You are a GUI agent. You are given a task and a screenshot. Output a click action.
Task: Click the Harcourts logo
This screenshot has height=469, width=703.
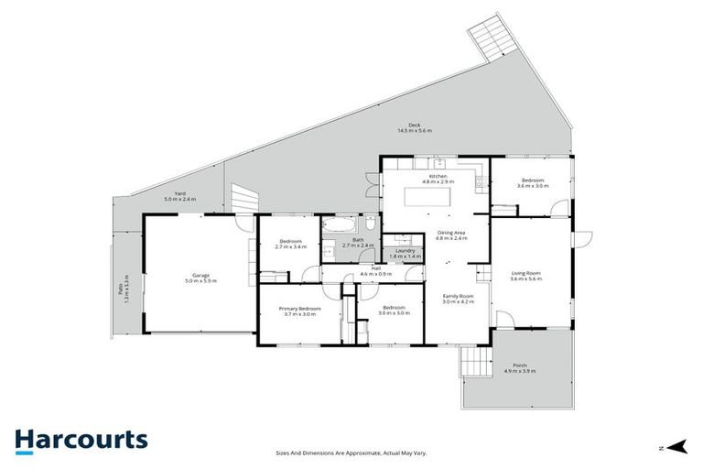pyautogui.click(x=81, y=440)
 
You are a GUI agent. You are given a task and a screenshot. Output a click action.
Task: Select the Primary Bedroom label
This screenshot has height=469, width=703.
pyautogui.click(x=300, y=310)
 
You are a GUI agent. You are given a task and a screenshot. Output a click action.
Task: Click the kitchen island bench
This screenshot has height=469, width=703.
pyautogui.click(x=435, y=197)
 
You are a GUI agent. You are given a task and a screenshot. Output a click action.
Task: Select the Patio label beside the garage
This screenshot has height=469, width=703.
pyautogui.click(x=114, y=291)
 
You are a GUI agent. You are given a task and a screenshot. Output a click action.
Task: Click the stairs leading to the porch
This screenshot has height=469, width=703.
pyautogui.click(x=474, y=362)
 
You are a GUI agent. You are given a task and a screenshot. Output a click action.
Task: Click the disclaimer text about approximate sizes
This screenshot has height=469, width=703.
pyautogui.click(x=351, y=453)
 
